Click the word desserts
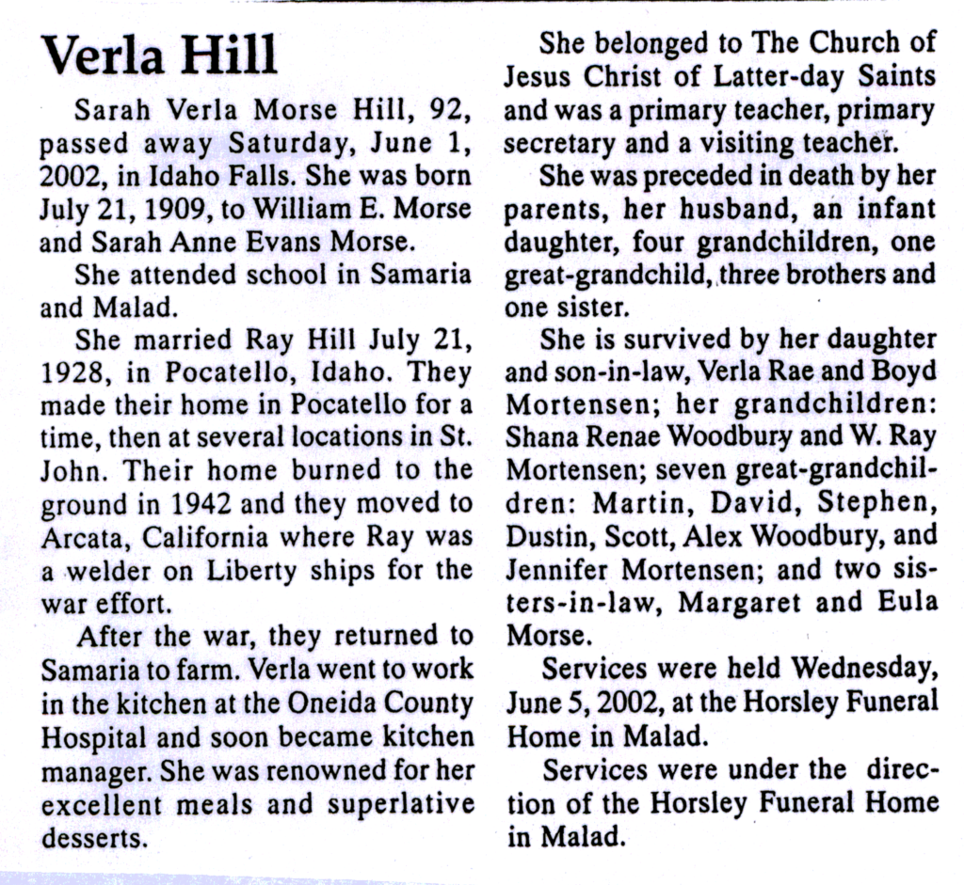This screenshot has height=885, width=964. coord(95,837)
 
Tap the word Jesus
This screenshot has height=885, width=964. coord(537,75)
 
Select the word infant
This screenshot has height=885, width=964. coord(893,208)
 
